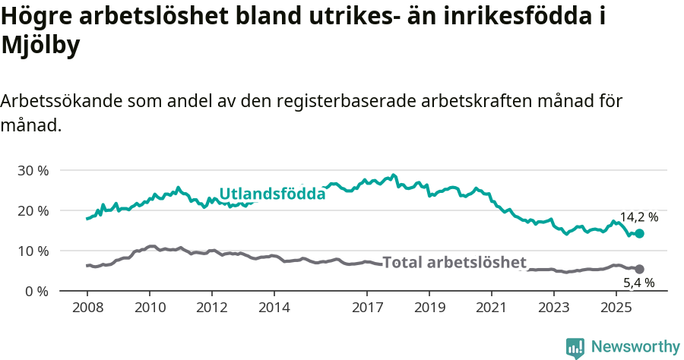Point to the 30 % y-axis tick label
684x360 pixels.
[33, 170]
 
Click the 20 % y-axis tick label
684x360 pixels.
[33, 210]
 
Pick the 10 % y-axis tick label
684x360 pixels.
[33, 251]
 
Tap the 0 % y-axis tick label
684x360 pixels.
[36, 291]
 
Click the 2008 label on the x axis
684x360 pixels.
[87, 308]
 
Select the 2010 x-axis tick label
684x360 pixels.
[150, 308]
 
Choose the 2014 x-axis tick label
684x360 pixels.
[274, 308]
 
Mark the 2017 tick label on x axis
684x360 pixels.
[367, 308]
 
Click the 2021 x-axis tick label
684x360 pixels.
[492, 308]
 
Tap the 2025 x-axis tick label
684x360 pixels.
[616, 308]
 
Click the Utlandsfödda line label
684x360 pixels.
[272, 194]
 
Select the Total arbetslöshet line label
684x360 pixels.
[454, 263]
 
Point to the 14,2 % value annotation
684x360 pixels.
[638, 217]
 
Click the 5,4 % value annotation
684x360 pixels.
[638, 283]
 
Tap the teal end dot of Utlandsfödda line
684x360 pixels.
[639, 234]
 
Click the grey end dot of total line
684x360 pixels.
[639, 269]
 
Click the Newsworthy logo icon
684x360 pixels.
[575, 347]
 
